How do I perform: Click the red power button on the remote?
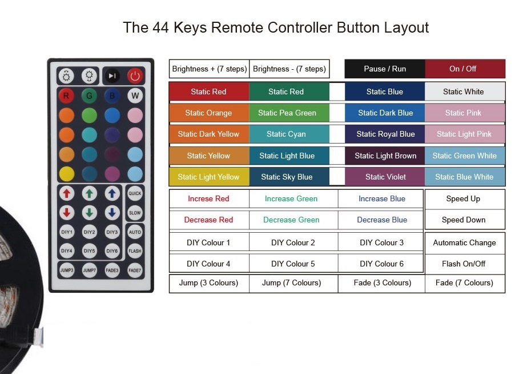tap(135, 76)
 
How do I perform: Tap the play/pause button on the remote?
tap(112, 76)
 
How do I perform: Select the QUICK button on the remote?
tap(135, 193)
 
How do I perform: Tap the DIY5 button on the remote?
tap(89, 250)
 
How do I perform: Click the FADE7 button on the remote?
tap(135, 270)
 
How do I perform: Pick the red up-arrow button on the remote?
tap(67, 193)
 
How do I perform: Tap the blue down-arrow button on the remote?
tap(112, 213)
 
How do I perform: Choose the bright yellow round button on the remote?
tap(67, 174)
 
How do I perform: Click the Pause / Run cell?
tap(385, 69)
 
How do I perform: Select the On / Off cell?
tap(465, 69)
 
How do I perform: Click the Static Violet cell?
tap(385, 177)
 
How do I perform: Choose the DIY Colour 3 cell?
tap(381, 242)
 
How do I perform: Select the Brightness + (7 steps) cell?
tap(209, 69)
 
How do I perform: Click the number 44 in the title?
tap(160, 27)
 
